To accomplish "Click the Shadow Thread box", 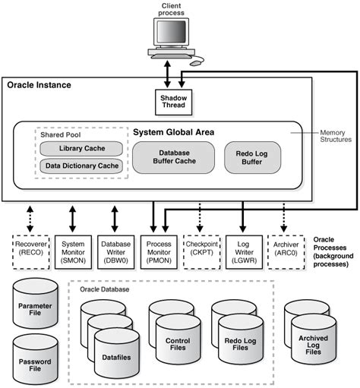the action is [173, 103].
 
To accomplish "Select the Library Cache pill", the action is [81, 149].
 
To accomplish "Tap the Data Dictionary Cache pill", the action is [81, 166].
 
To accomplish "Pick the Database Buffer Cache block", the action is [174, 157].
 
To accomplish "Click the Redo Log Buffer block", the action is [252, 157].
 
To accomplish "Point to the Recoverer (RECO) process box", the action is [31, 252].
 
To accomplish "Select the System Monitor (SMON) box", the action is [73, 252].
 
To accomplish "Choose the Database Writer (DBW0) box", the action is [116, 252].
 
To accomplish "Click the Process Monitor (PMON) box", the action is [159, 252].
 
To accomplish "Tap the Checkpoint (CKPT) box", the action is [202, 252].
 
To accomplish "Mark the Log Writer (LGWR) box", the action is [244, 252].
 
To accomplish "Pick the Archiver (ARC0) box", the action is [286, 252].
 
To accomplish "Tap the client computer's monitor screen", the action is [172, 32].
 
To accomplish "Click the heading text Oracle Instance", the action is [39, 85].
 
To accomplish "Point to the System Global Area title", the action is [174, 132].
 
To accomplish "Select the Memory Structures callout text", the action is [336, 136].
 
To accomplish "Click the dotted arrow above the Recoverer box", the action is [30, 219].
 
